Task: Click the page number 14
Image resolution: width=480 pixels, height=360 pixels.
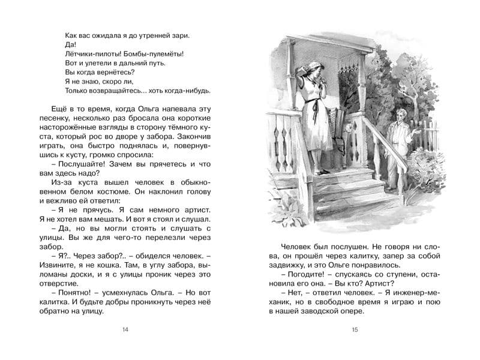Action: (x=125, y=329)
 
